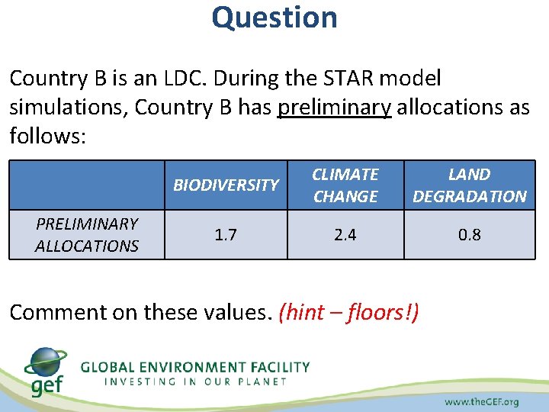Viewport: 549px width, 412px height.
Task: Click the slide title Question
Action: [274, 17]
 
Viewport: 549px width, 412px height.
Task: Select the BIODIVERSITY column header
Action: [226, 185]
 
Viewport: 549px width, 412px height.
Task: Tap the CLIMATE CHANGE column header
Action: [345, 185]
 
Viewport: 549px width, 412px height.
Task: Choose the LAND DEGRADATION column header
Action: [470, 185]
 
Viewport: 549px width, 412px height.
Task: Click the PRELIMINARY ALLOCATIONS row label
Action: [87, 235]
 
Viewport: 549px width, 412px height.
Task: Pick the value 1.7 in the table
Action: [226, 235]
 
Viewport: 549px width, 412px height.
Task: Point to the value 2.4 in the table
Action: [345, 235]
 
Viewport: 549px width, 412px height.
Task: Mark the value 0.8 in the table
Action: [470, 235]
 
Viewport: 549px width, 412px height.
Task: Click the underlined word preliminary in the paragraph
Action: [335, 108]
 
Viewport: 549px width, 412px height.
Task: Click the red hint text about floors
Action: [349, 312]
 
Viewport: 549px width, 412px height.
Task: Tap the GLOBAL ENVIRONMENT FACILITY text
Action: [195, 367]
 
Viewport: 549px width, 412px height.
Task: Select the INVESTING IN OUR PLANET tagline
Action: [195, 381]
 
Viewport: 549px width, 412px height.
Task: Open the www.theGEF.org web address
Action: [481, 401]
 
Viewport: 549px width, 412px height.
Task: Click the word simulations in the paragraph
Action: [69, 108]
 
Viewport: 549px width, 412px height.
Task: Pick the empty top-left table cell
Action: [87, 185]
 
